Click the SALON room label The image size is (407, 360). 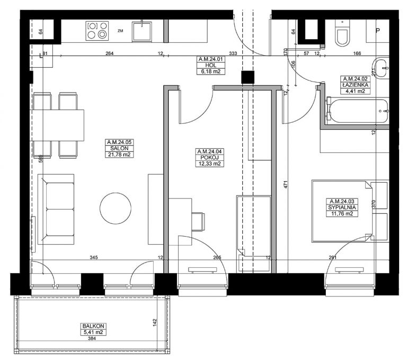119,148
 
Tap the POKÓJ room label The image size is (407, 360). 209,157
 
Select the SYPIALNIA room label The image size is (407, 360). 342,208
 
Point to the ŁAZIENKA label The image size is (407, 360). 356,85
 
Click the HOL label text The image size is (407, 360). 210,65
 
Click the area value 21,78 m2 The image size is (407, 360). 119,155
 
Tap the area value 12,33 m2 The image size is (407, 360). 209,164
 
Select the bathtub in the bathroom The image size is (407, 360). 357,111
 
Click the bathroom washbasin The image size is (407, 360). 382,68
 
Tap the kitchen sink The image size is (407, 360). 141,32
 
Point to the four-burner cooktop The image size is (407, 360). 97,31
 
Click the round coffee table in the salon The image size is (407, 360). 116,208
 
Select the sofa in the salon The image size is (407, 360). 56,209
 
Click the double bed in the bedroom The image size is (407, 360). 342,211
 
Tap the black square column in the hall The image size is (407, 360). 247,77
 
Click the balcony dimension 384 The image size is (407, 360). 92,338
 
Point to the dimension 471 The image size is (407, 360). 286,184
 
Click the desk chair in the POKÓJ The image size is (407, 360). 198,221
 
